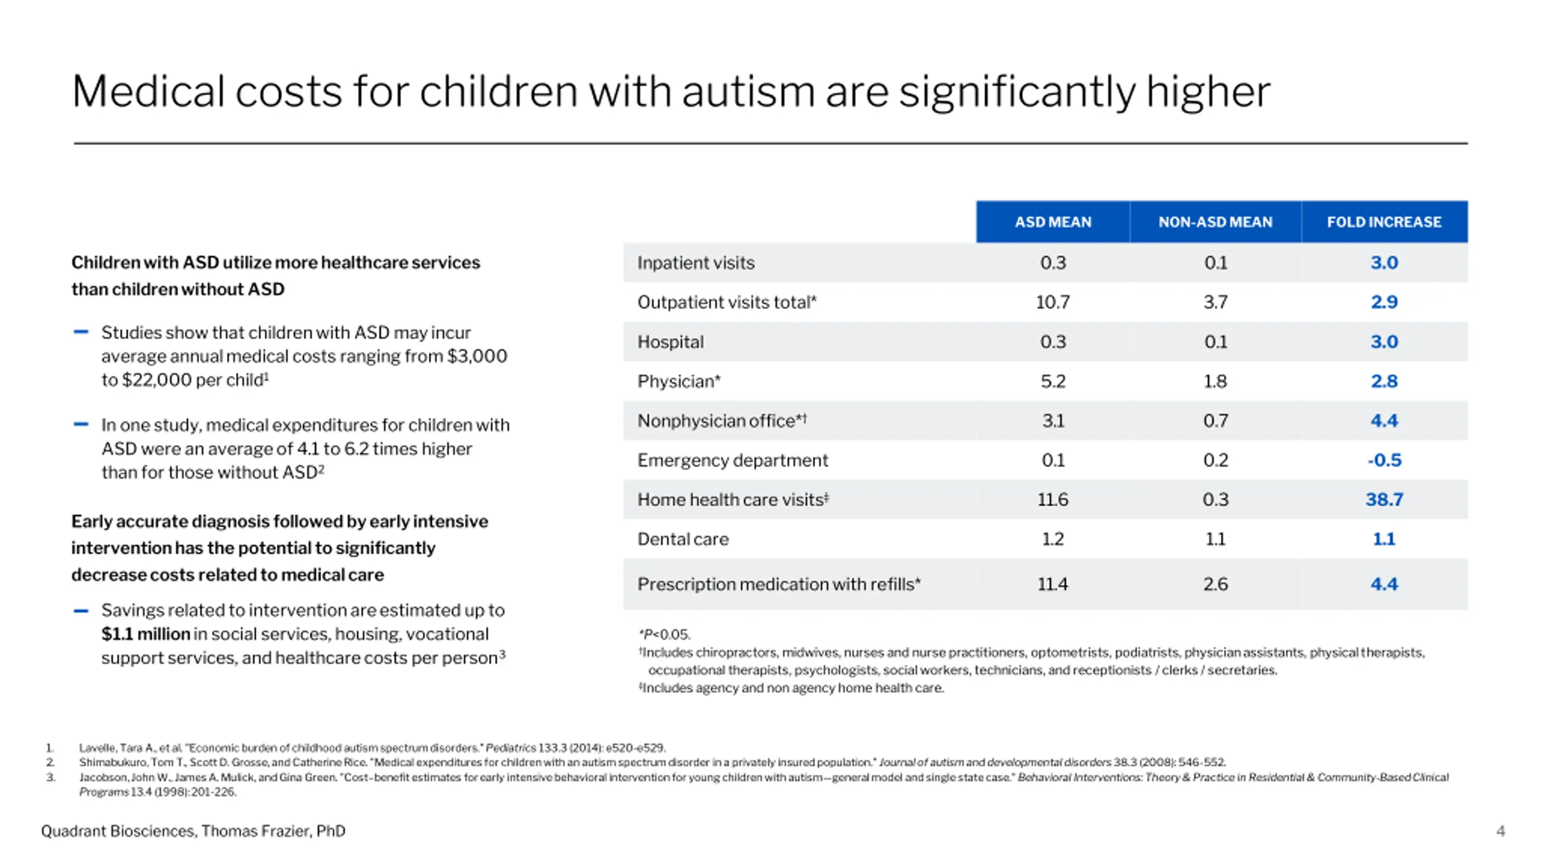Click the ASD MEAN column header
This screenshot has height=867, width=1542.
pyautogui.click(x=1053, y=222)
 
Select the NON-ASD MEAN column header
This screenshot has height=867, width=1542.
pyautogui.click(x=1216, y=222)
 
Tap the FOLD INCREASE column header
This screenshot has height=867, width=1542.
pyautogui.click(x=1384, y=222)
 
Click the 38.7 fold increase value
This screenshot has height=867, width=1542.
pyautogui.click(x=1384, y=499)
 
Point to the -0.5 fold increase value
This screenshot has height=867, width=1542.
pyautogui.click(x=1384, y=460)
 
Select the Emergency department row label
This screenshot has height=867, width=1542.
pyautogui.click(x=732, y=461)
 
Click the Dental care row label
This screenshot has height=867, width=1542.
pyautogui.click(x=683, y=539)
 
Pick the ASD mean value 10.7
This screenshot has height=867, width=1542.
pyautogui.click(x=1053, y=302)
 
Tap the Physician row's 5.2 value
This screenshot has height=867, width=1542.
pyautogui.click(x=1053, y=381)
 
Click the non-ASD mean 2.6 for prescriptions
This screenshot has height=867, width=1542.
pyautogui.click(x=1216, y=584)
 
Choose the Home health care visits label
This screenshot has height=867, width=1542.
pyautogui.click(x=733, y=500)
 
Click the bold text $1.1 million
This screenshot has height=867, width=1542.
pyautogui.click(x=146, y=634)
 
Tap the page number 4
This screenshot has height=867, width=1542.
pyautogui.click(x=1500, y=831)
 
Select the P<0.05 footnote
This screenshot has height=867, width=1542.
pyautogui.click(x=664, y=635)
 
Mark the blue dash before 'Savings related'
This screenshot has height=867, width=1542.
pyautogui.click(x=81, y=611)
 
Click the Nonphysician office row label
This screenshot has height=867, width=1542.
pyautogui.click(x=722, y=421)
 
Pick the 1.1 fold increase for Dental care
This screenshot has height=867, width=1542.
pyautogui.click(x=1384, y=539)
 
